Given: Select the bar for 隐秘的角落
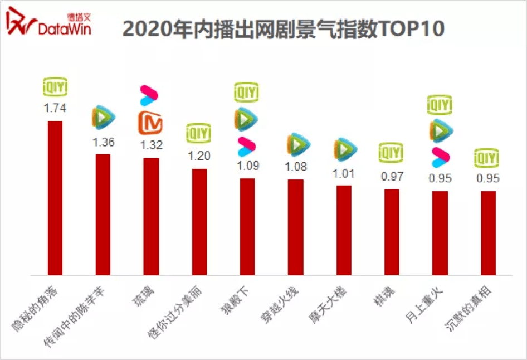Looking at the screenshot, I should point(55,198).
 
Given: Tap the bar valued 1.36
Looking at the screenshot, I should point(104,215).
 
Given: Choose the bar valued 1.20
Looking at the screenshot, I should point(199,222).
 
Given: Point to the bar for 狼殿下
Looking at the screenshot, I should point(247,227).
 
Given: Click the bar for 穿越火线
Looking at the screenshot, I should point(296,227).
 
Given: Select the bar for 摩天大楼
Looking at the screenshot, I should point(344,230).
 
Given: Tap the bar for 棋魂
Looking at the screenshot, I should point(392,232).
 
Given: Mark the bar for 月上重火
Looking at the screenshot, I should point(440,233).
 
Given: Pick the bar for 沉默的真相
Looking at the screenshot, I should point(488,233).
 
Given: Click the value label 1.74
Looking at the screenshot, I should point(55,108).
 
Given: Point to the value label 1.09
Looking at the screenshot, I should point(247,166).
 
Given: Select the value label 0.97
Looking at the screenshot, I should point(392,177).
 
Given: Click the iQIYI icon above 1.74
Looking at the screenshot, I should point(55,88).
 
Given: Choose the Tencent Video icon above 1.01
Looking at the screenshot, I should point(344,149).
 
